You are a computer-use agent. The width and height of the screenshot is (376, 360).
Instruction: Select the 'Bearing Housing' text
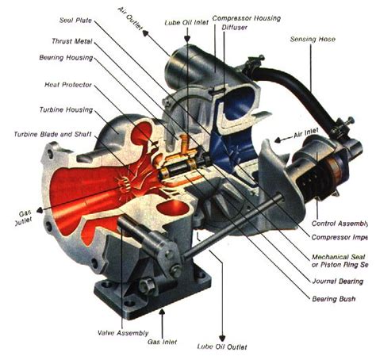pyautogui.click(x=67, y=58)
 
